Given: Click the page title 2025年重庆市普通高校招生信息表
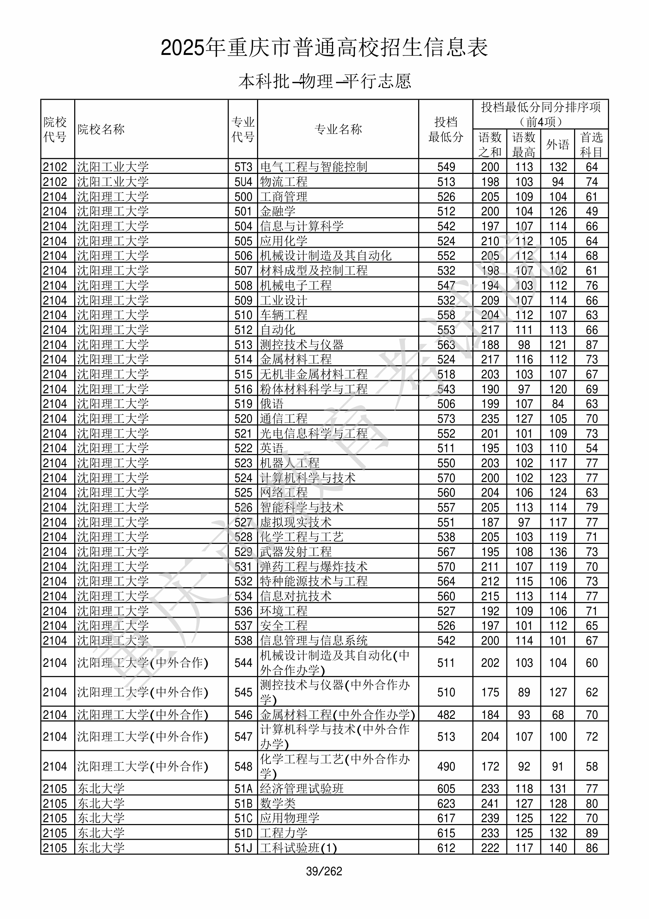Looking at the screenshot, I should (x=324, y=48).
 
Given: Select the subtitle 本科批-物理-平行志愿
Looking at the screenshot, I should (x=324, y=81).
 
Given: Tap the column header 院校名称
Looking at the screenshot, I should (x=101, y=129).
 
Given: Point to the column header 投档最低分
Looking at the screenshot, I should (x=445, y=129).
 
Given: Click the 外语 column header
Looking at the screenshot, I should (x=557, y=144).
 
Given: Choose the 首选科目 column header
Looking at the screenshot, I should (x=592, y=144).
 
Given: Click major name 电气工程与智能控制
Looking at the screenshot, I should (x=313, y=167).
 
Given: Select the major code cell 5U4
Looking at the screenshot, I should (x=243, y=182).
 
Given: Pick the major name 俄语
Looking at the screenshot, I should (x=272, y=403).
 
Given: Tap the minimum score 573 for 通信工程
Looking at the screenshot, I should (x=446, y=419).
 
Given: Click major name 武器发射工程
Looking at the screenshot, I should (x=296, y=552).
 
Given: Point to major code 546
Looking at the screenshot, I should (x=243, y=715).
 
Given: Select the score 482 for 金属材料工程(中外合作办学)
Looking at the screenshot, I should (x=446, y=715).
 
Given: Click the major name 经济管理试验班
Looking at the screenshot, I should (x=302, y=788).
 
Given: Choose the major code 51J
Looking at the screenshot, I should (x=243, y=848).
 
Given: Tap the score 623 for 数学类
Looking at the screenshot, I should (x=446, y=803).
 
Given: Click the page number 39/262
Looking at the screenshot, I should (x=324, y=871).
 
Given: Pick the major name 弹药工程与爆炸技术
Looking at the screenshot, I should (x=313, y=566).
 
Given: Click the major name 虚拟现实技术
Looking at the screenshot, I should (x=296, y=522).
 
